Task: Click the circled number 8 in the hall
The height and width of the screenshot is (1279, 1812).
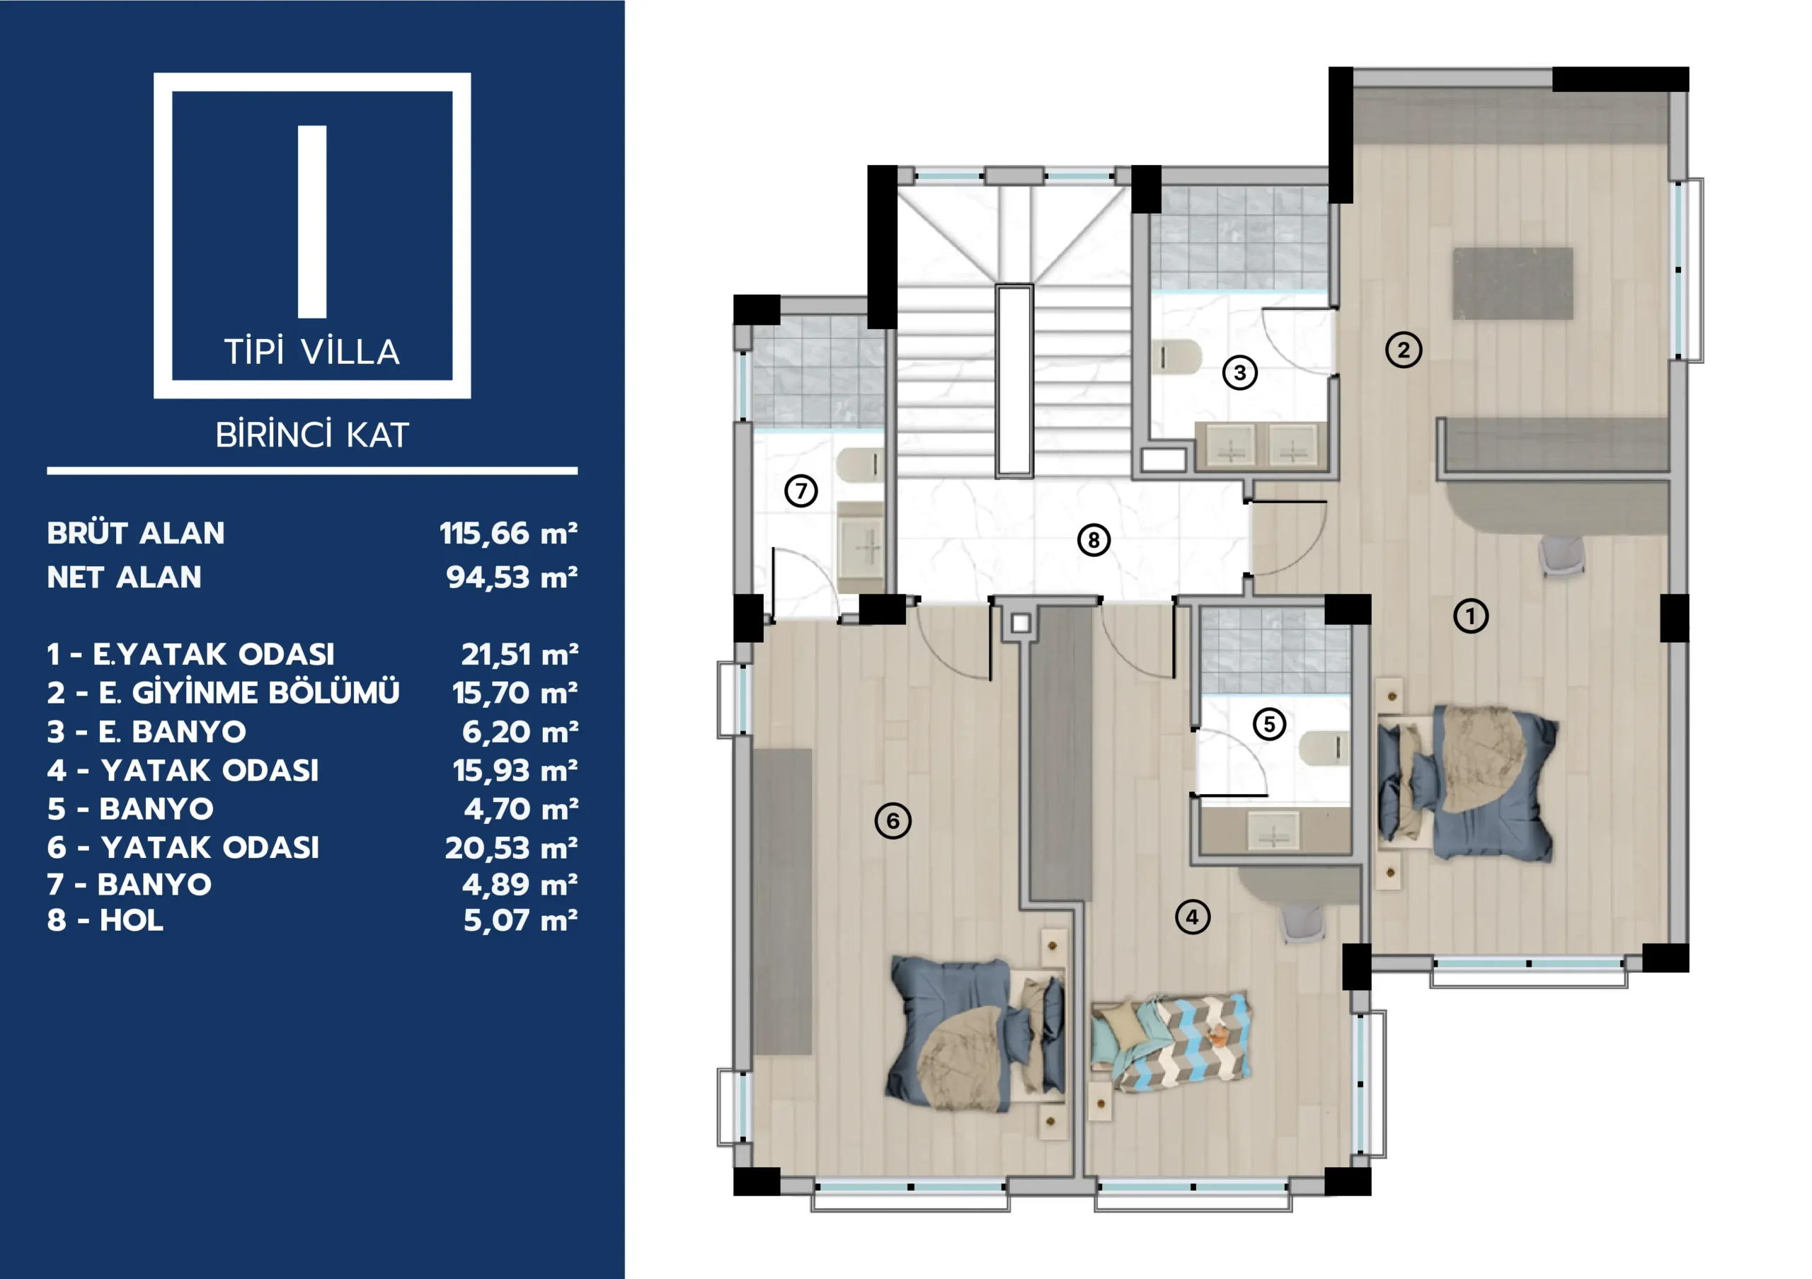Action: click(x=1093, y=541)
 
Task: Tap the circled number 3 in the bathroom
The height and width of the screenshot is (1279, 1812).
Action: click(x=1240, y=372)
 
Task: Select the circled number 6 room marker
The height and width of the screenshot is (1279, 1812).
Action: click(x=893, y=820)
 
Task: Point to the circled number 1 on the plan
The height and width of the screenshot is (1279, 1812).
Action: click(x=1470, y=616)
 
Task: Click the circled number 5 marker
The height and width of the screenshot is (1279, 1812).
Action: click(x=1269, y=723)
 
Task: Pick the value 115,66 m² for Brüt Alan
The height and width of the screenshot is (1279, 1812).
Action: click(x=508, y=534)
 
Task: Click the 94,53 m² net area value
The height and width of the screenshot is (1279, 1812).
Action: click(x=512, y=578)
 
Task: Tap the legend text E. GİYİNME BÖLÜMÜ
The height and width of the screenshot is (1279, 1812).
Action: click(x=248, y=693)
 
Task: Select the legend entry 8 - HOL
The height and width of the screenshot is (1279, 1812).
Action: click(x=105, y=921)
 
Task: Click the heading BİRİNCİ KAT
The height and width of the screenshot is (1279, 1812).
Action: click(x=313, y=435)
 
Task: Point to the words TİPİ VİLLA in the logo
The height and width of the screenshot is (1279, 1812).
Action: click(x=313, y=352)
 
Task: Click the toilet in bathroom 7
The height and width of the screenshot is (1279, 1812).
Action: click(x=859, y=465)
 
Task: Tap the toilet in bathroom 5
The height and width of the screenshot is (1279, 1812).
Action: click(x=1324, y=748)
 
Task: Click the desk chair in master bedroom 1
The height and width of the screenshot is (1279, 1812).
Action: click(x=1562, y=556)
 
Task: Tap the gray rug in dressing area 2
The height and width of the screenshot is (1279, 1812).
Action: click(x=1513, y=283)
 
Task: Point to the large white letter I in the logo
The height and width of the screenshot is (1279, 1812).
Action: click(x=313, y=222)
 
